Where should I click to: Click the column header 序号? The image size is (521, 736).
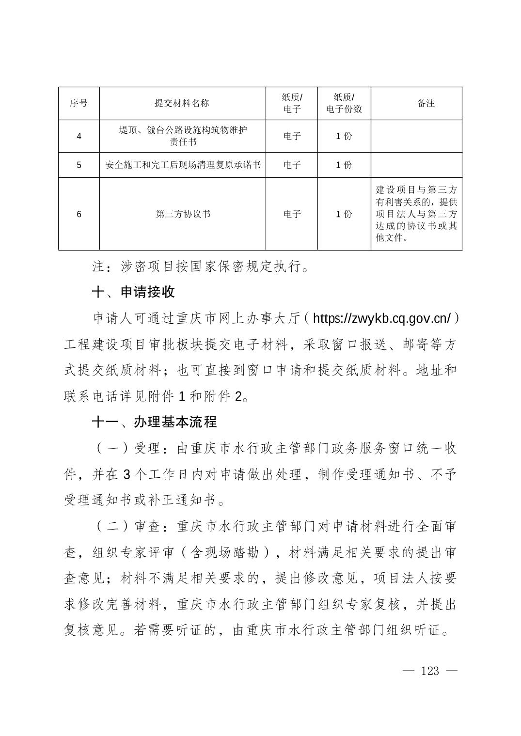tap(79, 103)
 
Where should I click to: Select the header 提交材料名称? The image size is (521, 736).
tap(182, 103)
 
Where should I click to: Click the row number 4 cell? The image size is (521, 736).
tap(79, 136)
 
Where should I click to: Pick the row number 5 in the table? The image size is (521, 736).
tap(79, 165)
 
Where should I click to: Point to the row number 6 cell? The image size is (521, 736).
tap(79, 214)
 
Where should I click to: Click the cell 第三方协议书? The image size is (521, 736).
tap(183, 214)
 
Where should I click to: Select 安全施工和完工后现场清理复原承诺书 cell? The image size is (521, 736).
tap(183, 165)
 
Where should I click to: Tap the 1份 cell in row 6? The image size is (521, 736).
tap(344, 214)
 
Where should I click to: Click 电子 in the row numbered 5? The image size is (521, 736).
tap(292, 165)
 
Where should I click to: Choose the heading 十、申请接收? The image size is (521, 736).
tap(133, 292)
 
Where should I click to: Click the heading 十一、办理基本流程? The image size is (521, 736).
tap(154, 422)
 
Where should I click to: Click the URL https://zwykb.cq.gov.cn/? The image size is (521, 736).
tap(382, 318)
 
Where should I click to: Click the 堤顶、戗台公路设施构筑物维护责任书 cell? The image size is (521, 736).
tap(183, 136)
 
